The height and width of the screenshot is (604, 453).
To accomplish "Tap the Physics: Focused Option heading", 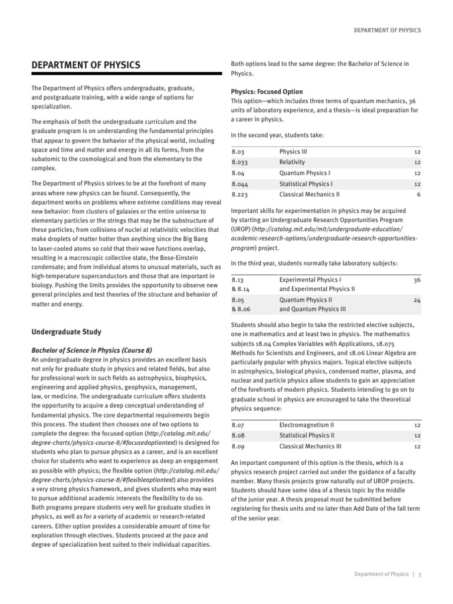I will (267, 92).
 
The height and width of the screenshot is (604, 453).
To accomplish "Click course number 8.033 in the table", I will (240, 162).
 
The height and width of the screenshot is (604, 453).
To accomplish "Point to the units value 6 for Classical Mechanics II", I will (418, 194).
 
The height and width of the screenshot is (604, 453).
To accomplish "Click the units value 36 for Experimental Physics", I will (416, 279).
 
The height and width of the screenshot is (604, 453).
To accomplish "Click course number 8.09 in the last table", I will (238, 446).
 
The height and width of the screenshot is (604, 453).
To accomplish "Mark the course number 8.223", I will (240, 194).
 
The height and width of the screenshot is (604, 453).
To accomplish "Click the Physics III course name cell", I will (293, 152).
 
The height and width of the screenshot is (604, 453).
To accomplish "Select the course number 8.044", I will (240, 183).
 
